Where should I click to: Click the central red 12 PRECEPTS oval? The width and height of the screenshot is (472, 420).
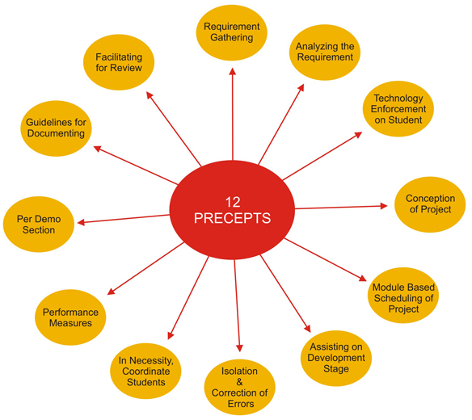point(232,210)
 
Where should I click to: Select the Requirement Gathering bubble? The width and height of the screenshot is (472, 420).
point(232,32)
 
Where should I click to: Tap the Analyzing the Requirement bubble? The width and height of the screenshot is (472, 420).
point(325,52)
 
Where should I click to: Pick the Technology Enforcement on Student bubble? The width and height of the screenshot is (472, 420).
point(398,109)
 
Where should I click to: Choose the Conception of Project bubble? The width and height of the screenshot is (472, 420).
point(430,204)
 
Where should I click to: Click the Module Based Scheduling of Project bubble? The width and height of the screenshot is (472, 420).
point(403,295)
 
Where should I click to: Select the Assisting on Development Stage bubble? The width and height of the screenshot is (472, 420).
point(336,358)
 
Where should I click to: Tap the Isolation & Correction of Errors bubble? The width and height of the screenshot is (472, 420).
point(239,387)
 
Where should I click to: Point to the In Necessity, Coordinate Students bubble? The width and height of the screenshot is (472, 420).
point(145,371)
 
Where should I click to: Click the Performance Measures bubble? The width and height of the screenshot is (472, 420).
point(70,317)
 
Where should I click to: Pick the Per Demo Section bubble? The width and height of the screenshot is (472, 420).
point(39,225)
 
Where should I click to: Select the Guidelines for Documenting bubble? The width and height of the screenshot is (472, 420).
point(56,128)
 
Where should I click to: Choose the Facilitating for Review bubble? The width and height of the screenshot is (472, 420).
point(119,62)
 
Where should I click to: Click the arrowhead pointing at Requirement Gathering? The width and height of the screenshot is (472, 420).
point(233,71)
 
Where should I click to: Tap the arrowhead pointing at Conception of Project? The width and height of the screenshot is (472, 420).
point(384,206)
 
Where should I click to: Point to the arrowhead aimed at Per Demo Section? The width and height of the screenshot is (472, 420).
point(81,222)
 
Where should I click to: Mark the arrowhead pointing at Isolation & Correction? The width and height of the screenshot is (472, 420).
point(239,348)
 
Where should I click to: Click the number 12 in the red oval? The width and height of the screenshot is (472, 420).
point(233,202)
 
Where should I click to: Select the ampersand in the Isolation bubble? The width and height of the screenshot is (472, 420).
point(239,382)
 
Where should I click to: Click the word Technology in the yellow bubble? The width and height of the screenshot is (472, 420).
point(398,98)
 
